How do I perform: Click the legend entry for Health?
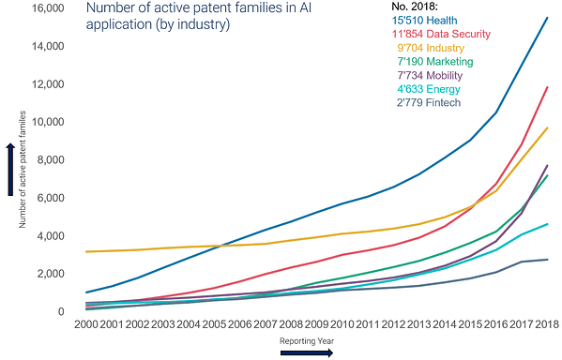coord(424,21)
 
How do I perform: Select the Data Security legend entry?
coord(441,34)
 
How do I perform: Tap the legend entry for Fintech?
coord(429,103)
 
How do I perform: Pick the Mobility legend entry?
coord(430,75)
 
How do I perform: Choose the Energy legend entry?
coord(429,89)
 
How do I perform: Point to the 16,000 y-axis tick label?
coord(48,7)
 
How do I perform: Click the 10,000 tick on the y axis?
coord(48,122)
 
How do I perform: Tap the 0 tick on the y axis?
coord(61,311)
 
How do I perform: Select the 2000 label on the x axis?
coord(86,324)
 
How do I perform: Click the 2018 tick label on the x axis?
coord(547,324)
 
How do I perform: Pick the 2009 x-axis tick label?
coord(316,324)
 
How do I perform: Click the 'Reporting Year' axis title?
coord(307,341)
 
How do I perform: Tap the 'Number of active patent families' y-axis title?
coord(23,170)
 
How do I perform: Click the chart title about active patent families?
coord(199,16)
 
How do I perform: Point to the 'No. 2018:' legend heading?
coord(415,7)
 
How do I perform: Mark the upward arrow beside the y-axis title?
coord(10,170)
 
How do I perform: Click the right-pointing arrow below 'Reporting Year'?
coord(307,353)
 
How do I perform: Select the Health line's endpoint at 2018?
coord(547,17)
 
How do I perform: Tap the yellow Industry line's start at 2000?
coord(86,252)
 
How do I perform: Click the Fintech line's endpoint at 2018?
coord(547,260)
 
